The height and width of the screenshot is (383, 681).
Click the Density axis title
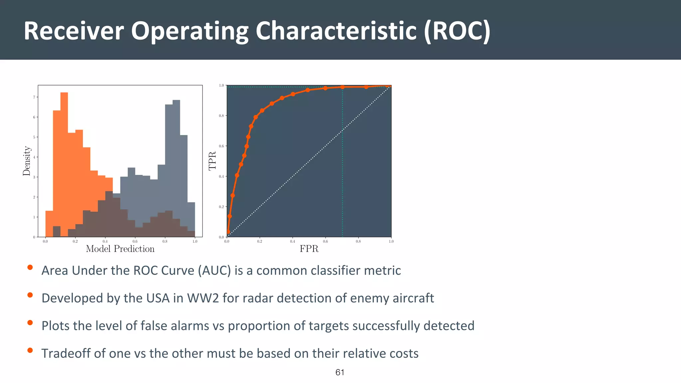[x=27, y=161]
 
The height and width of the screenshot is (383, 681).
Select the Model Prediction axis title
[x=120, y=249]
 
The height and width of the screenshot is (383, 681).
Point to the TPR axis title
[x=212, y=161]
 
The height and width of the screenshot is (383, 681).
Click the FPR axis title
[x=309, y=249]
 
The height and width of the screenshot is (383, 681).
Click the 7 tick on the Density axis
[x=34, y=97]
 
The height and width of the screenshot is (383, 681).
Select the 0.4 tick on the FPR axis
[x=292, y=241]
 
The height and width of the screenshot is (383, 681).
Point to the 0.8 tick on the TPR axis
[x=221, y=116]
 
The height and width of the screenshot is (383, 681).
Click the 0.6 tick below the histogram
[x=135, y=241]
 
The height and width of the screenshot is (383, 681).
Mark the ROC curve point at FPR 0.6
[x=326, y=88]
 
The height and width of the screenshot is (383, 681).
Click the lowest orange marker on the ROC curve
[x=228, y=232]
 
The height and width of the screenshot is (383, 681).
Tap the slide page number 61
[x=340, y=372]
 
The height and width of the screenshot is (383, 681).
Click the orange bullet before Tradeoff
[x=30, y=350]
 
